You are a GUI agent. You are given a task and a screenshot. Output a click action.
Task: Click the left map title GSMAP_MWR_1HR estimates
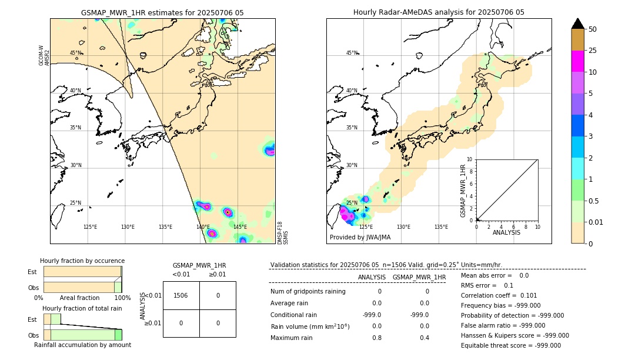click(162, 12)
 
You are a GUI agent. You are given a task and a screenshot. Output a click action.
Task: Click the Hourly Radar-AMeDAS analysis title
click(439, 12)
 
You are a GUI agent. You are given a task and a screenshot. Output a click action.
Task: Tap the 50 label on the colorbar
click(593, 29)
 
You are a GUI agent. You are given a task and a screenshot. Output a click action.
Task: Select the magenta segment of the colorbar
click(577, 61)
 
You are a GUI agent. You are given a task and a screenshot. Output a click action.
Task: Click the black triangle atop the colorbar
click(577, 24)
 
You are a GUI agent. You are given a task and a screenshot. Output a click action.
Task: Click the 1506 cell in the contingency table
click(181, 295)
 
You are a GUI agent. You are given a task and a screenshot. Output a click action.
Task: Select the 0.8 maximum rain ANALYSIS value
click(376, 338)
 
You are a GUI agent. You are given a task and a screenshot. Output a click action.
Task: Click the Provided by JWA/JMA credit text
click(360, 237)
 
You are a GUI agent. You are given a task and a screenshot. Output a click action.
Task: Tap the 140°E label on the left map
click(203, 226)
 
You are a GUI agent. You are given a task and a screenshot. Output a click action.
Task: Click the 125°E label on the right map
click(366, 226)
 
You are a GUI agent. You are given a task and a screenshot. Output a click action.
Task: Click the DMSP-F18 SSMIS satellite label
click(282, 232)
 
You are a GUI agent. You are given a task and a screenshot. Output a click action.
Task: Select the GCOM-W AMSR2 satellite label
click(44, 55)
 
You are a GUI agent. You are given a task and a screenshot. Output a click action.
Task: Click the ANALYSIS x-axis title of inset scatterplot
click(506, 232)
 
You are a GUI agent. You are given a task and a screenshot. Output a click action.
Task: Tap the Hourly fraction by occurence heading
click(82, 261)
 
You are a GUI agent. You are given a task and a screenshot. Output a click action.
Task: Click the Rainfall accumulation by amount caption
click(82, 345)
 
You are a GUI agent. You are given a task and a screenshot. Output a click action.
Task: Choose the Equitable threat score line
click(510, 345)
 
